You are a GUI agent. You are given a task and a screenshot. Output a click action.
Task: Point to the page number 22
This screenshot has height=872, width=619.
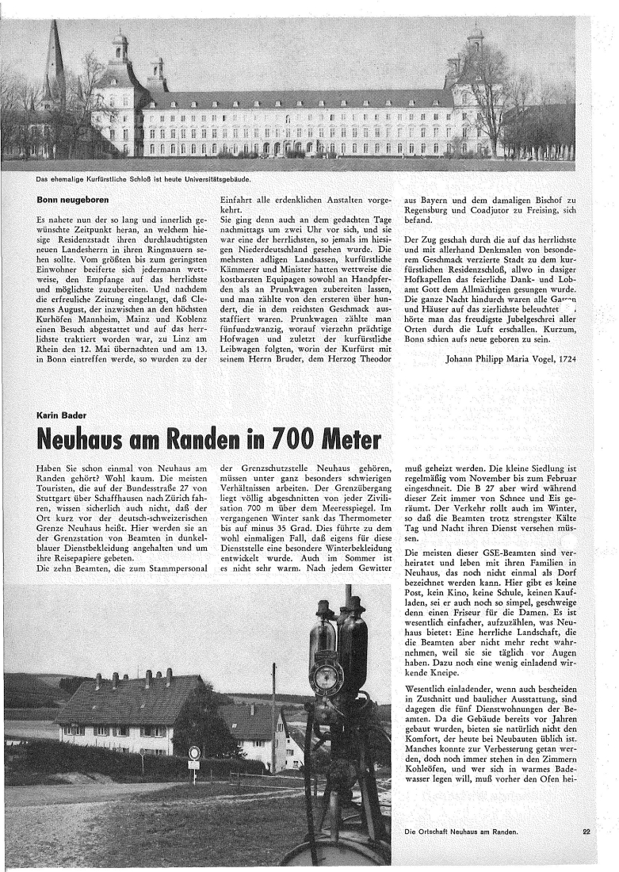(587, 832)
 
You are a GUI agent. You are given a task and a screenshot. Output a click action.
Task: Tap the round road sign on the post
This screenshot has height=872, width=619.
(193, 752)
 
